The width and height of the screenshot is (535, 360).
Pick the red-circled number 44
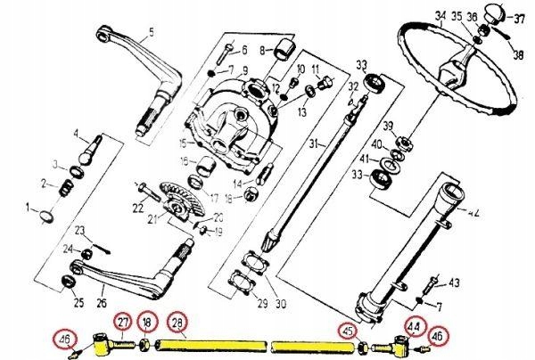pos(412,327)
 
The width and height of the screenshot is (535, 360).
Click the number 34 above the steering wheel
pos(439,15)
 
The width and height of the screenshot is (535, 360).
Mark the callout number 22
pos(137,208)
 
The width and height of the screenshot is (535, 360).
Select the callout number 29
pos(261,304)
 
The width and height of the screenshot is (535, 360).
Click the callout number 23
pos(79,230)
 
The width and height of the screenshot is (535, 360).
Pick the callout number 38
pos(517,53)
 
